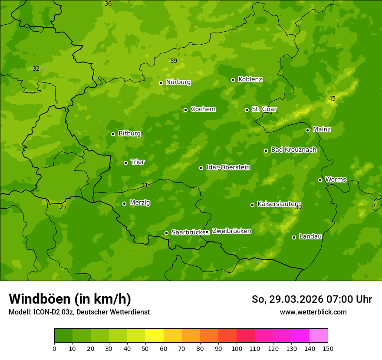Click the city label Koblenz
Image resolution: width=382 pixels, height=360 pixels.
click(250, 79)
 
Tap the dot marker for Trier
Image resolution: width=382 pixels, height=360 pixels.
click(126, 163)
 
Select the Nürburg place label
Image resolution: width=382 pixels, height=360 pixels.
click(178, 82)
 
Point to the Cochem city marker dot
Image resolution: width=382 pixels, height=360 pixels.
click(185, 110)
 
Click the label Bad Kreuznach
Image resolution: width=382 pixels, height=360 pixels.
click(293, 150)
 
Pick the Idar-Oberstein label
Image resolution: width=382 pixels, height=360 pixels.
click(228, 167)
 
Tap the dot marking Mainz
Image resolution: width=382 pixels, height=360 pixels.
click(307, 130)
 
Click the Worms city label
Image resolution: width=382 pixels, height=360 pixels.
click(336, 179)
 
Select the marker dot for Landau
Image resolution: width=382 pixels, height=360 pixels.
click(294, 237)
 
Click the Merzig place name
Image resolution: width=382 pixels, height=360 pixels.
click(140, 203)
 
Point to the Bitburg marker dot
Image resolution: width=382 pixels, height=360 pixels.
click(113, 134)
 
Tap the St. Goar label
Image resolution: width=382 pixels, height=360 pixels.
click(264, 109)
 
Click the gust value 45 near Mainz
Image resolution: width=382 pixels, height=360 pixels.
click(332, 99)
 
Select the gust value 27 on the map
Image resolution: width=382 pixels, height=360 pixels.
click(63, 207)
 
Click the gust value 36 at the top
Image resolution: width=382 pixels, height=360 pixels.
click(108, 3)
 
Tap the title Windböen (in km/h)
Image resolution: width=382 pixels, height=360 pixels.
click(70, 299)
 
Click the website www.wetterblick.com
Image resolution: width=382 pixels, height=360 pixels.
click(313, 312)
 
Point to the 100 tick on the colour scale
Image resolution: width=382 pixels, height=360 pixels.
click(237, 348)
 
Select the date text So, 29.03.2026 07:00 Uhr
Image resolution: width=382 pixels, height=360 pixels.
click(312, 299)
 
